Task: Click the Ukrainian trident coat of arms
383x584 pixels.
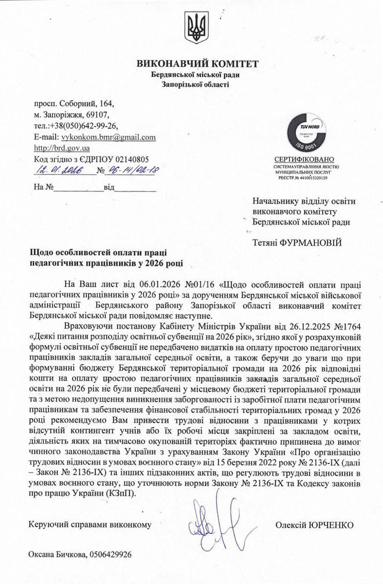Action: (197, 28)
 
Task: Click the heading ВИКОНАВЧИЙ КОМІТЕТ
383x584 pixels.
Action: (197, 64)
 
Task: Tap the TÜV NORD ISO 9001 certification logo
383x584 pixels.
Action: (304, 132)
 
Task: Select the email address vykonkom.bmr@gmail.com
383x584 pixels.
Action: (108, 137)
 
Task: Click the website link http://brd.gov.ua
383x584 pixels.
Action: (62, 148)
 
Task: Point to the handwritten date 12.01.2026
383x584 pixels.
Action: (59, 170)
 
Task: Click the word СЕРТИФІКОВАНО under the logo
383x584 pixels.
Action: (304, 160)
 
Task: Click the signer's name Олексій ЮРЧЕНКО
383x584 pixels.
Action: (314, 525)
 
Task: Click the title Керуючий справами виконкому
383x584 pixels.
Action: (90, 525)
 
